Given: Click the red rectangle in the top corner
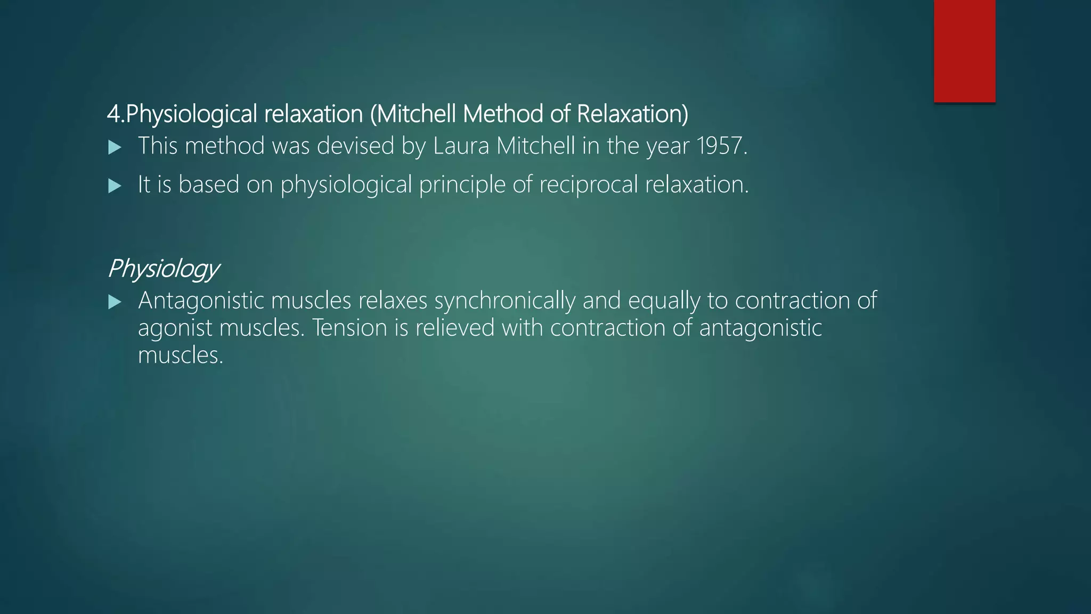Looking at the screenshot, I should coord(964,51).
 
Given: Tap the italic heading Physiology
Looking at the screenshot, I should coord(163,269).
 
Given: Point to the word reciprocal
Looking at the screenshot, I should coord(588,185).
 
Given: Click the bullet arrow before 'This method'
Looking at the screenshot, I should coord(115,148).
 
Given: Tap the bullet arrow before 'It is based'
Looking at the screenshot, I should coord(115,186).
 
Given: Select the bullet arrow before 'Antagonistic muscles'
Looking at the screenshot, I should coord(115,302).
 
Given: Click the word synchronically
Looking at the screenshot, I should coord(504,301).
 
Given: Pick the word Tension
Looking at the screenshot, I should coord(349,328).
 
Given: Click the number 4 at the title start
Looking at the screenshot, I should coord(113,114).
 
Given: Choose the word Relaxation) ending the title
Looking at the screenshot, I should coord(632,114).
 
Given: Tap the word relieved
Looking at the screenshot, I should coord(455,328).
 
